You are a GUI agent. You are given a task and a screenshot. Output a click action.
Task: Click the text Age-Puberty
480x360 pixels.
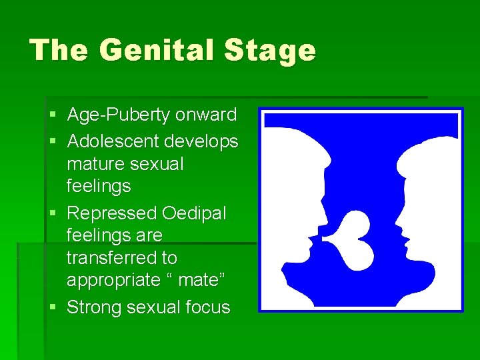tap(119, 115)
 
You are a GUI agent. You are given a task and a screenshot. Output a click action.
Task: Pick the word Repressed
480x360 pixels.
tap(113, 213)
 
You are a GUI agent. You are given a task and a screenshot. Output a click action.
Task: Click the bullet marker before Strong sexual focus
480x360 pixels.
tap(53, 308)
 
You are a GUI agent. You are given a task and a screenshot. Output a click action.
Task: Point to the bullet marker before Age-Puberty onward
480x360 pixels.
tap(53, 115)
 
